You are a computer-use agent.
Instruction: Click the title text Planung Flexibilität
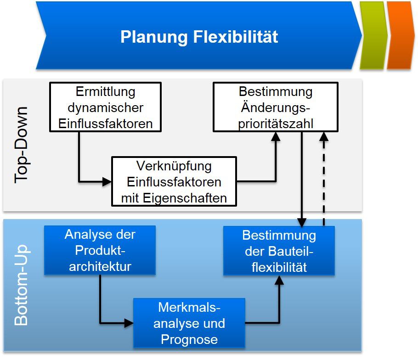[199, 37]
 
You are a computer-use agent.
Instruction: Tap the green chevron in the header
[373, 35]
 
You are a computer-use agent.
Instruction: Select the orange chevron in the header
[401, 35]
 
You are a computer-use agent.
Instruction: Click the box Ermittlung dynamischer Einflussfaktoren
[106, 107]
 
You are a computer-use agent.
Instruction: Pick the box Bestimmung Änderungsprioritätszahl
[276, 107]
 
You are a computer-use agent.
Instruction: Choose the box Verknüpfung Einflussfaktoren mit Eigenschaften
[174, 181]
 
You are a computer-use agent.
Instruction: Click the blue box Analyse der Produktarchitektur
[100, 250]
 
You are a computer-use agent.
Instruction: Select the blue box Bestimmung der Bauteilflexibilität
[279, 251]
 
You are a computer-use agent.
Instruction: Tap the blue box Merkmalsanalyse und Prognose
[189, 323]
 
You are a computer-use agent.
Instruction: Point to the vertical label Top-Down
[21, 145]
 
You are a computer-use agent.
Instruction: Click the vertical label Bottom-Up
[21, 285]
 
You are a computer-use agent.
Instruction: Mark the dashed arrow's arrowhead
[324, 136]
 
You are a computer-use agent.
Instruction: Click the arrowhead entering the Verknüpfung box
[107, 182]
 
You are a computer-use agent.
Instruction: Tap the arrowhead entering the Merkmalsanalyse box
[129, 323]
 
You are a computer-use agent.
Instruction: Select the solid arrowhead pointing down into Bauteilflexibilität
[301, 222]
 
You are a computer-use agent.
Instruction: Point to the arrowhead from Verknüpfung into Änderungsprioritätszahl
[276, 136]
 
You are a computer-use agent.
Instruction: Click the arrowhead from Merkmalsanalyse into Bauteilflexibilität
[279, 280]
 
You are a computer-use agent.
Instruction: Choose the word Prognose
[189, 339]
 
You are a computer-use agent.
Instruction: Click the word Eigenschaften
[185, 198]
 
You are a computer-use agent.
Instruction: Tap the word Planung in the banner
[154, 37]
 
